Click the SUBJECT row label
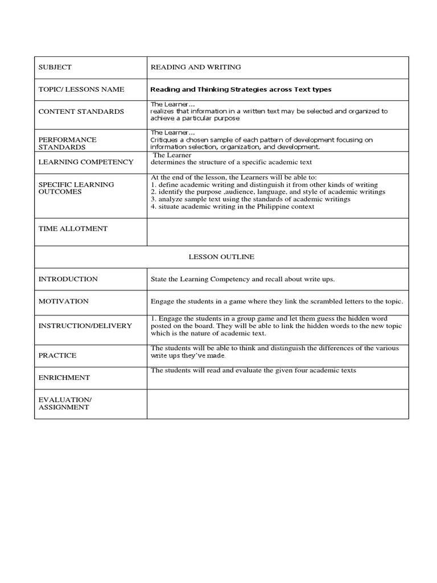pyautogui.click(x=55, y=67)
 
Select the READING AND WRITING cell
pyautogui.click(x=195, y=67)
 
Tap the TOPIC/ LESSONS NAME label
pyautogui.click(x=81, y=89)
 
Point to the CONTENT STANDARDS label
pyautogui.click(x=81, y=112)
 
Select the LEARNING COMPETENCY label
pyautogui.click(x=85, y=162)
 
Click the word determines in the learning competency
pyautogui.click(x=169, y=162)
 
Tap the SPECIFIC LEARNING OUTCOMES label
pyautogui.click(x=76, y=188)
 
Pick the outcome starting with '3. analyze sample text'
pyautogui.click(x=250, y=199)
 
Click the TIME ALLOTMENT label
pyautogui.click(x=72, y=228)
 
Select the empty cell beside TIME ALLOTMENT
pyautogui.click(x=277, y=231)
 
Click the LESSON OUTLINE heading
pyautogui.click(x=221, y=257)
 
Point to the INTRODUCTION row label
pyautogui.click(x=68, y=279)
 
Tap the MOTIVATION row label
pyautogui.click(x=63, y=301)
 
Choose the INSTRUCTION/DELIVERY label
pyautogui.click(x=85, y=326)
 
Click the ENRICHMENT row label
pyautogui.click(x=64, y=377)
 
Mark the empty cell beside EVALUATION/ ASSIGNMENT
pyautogui.click(x=277, y=404)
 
